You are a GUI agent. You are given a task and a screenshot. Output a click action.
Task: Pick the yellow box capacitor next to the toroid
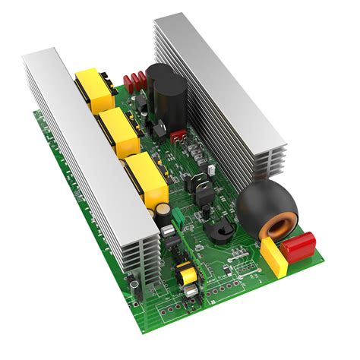[x=274, y=259]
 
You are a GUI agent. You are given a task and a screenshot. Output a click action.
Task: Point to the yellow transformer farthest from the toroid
[x=92, y=87]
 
